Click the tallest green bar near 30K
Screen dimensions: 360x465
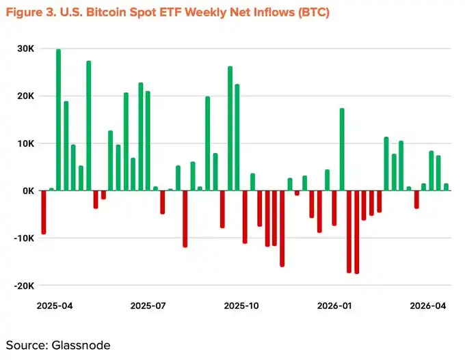[x=58, y=120]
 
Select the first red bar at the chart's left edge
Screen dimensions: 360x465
[x=44, y=212]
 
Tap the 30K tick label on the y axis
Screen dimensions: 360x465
[x=25, y=49]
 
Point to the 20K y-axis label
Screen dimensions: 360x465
[x=25, y=96]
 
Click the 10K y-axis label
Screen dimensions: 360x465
[x=25, y=143]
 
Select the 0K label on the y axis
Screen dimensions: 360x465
[x=27, y=191]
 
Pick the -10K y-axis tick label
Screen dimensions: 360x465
[x=24, y=238]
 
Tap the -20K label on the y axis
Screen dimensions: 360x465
[x=24, y=286]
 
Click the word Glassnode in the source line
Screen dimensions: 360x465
[x=81, y=345]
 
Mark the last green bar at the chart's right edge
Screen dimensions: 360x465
[x=446, y=186]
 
